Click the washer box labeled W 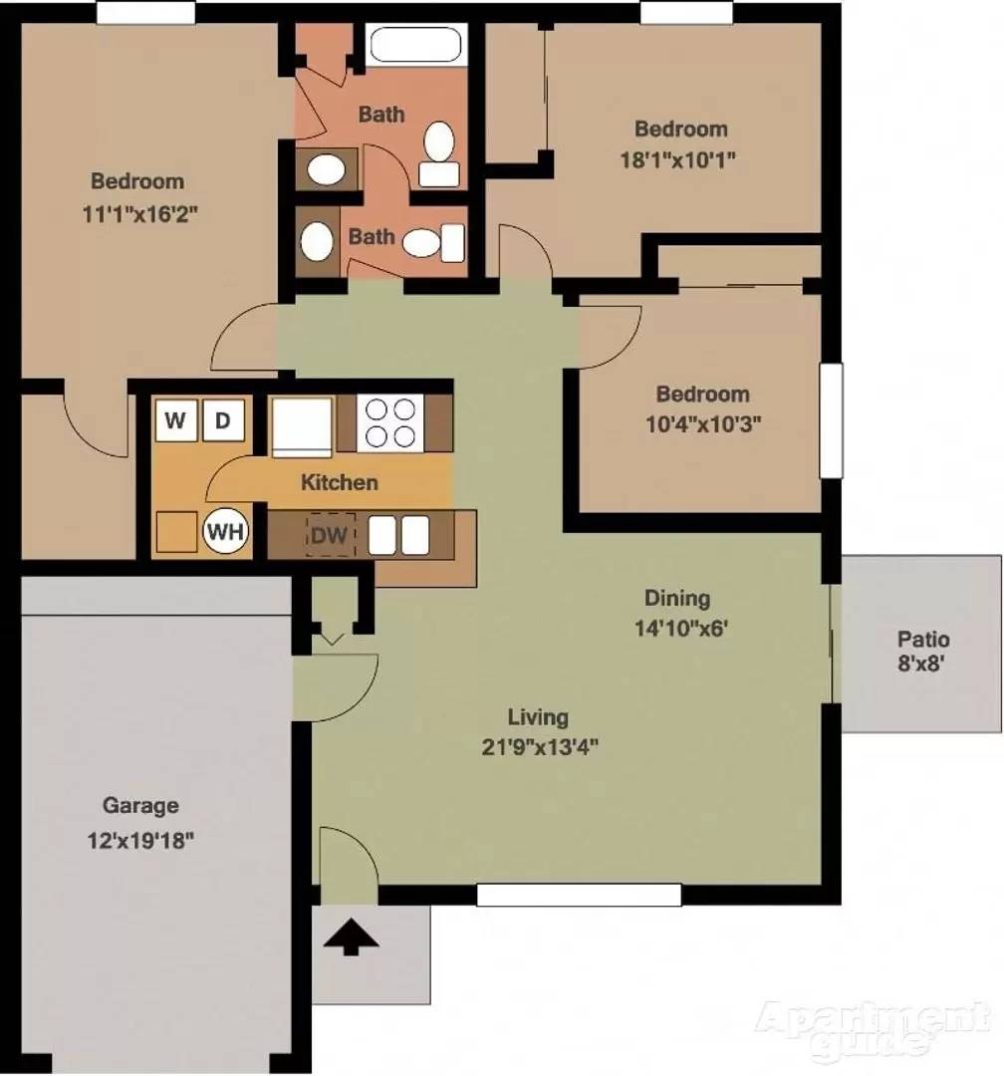176,420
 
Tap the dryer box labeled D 223,420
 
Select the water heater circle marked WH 226,531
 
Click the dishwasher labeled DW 330,535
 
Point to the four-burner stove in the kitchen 389,423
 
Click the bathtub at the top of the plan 416,45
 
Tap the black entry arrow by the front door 351,937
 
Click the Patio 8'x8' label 923,652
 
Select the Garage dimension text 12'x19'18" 140,839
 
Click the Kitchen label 339,482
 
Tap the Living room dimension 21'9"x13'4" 540,746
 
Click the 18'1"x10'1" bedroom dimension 678,159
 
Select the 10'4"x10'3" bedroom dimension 703,424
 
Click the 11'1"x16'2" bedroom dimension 140,214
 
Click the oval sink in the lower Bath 317,241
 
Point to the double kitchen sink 398,535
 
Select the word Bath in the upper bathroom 381,114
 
